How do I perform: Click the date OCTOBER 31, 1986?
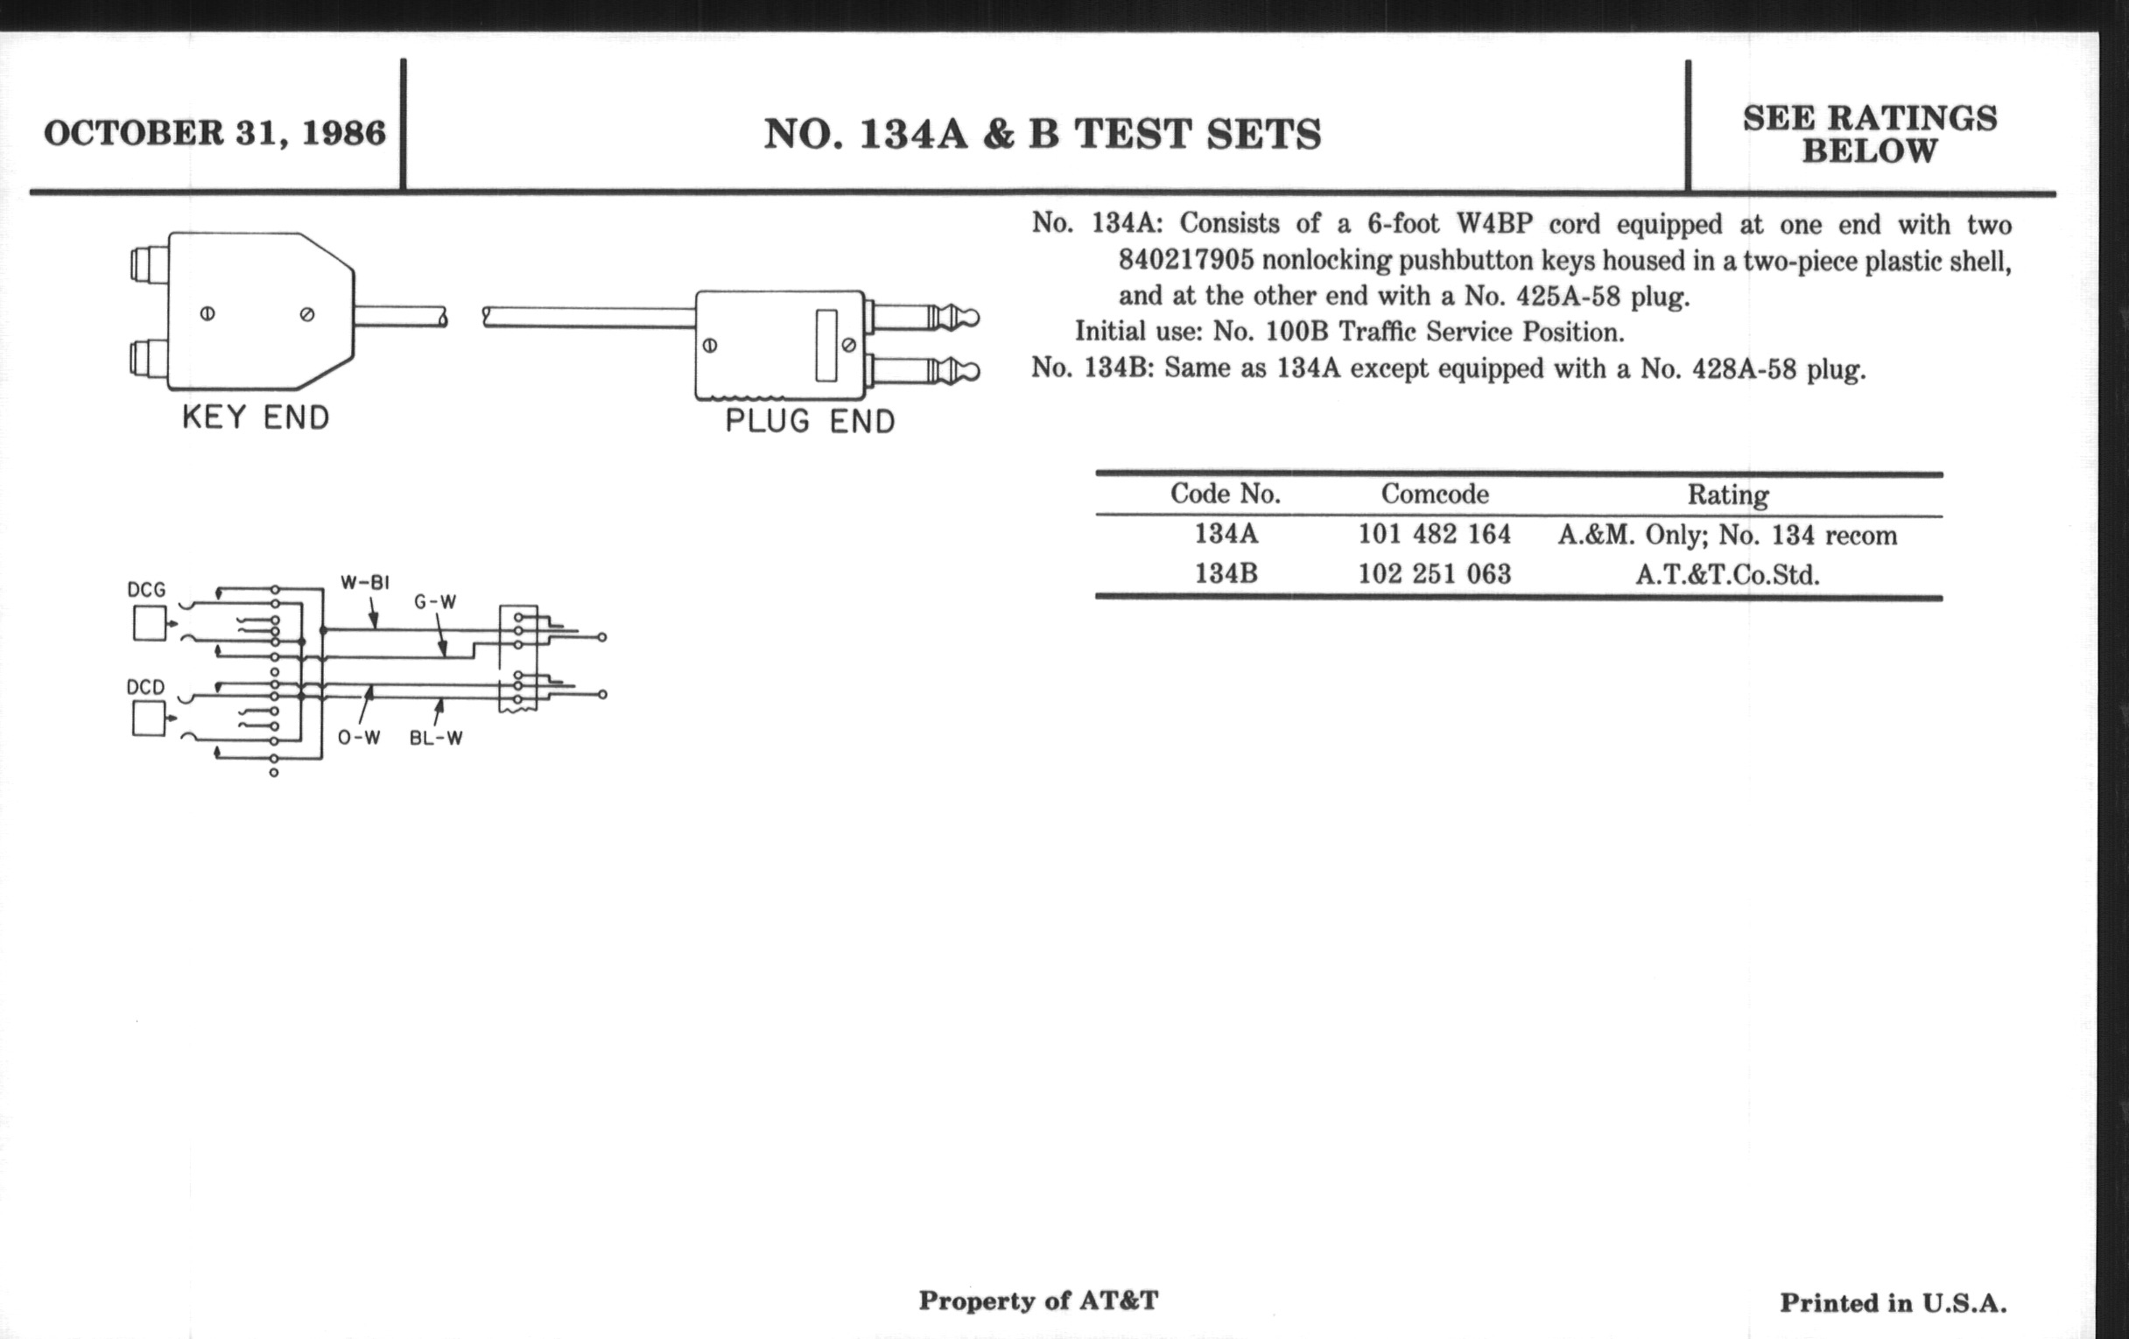click(214, 133)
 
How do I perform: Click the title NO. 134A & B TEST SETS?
click(1043, 135)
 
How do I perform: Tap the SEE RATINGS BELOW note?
click(1869, 135)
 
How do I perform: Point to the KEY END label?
click(256, 417)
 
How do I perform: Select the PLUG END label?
click(810, 421)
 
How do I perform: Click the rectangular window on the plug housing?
click(826, 345)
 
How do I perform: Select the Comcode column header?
click(1434, 494)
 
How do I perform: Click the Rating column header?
click(1727, 495)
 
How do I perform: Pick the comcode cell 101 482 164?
click(1434, 534)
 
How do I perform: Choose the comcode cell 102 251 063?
click(1434, 574)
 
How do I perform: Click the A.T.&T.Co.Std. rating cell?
click(1726, 575)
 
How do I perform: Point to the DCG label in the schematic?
click(146, 590)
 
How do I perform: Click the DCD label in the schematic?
click(146, 687)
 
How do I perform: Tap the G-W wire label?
click(435, 603)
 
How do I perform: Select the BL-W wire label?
click(436, 738)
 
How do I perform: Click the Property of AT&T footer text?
click(1038, 1300)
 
